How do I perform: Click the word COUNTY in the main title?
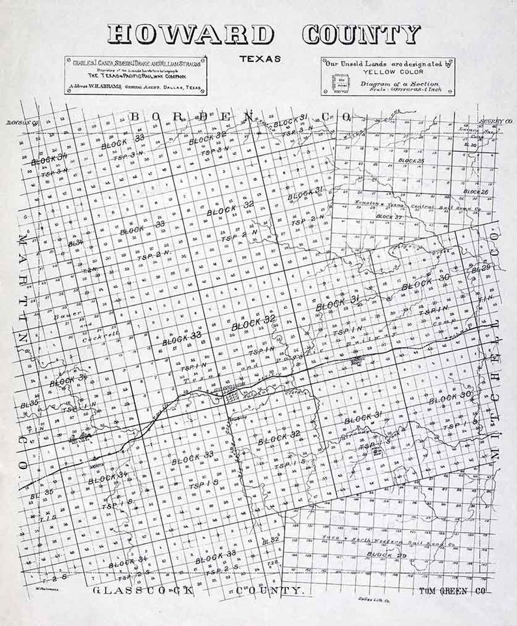click(x=361, y=34)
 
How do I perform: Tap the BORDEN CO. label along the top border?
click(x=241, y=116)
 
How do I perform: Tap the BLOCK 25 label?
click(x=412, y=160)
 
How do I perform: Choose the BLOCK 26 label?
click(x=475, y=192)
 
